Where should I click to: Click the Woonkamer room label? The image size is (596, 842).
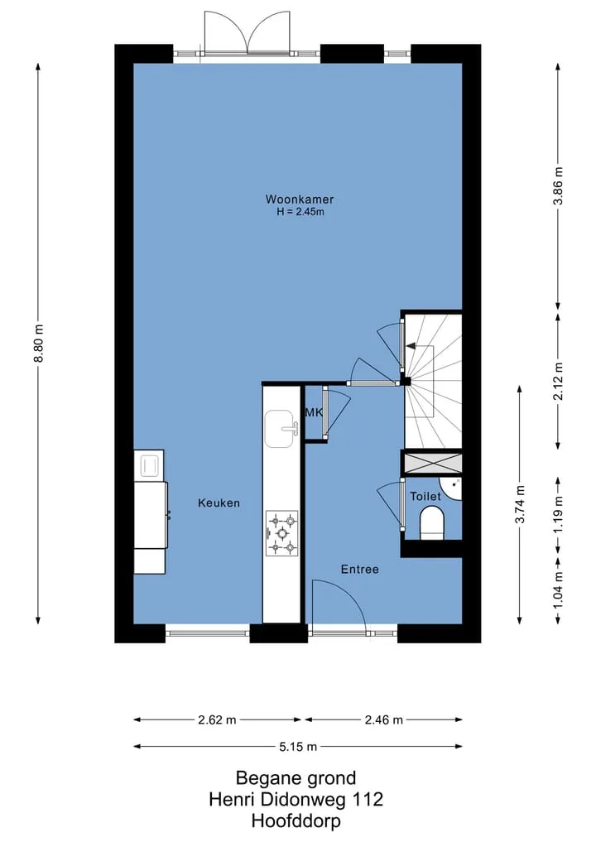(x=299, y=200)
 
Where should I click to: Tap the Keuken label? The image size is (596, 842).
(x=219, y=503)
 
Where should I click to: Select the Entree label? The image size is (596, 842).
(x=360, y=570)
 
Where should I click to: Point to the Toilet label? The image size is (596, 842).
(x=425, y=496)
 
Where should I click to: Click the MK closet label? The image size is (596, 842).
(x=314, y=412)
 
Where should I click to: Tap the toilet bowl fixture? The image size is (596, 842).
(x=432, y=522)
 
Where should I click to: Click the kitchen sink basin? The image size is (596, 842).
(x=279, y=429)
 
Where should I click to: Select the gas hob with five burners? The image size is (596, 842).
(x=282, y=532)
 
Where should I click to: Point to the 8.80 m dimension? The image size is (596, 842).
(x=39, y=344)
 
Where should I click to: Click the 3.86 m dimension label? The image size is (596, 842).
(x=559, y=185)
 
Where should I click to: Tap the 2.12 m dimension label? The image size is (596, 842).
(x=559, y=382)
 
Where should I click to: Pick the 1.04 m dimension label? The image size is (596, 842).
(x=559, y=590)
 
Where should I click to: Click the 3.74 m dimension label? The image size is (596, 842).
(x=520, y=504)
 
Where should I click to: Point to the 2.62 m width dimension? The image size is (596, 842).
(x=217, y=719)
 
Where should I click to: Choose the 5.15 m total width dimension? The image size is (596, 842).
(x=298, y=747)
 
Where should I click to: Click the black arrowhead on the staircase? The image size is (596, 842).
(x=411, y=346)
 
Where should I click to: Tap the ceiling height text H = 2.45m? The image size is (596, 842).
(x=300, y=212)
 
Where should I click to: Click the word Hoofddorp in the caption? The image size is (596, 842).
(x=296, y=821)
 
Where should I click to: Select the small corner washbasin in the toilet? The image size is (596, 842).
(x=452, y=488)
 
